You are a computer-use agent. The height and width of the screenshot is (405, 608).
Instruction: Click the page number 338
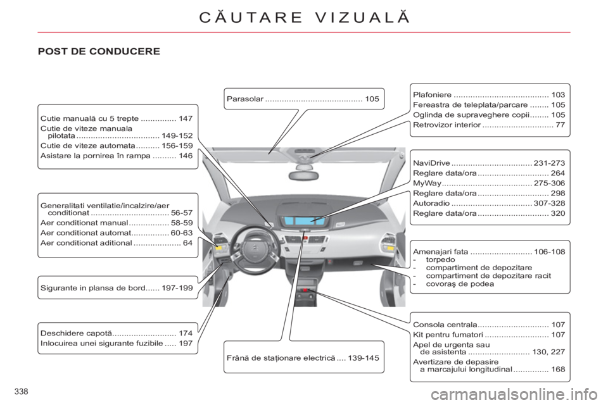pyautogui.click(x=22, y=392)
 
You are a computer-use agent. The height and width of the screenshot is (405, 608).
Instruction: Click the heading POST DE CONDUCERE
pyautogui.click(x=99, y=51)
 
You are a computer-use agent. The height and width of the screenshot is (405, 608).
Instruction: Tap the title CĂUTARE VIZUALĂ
pyautogui.click(x=305, y=18)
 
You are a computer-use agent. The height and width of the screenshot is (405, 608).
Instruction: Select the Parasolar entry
pyautogui.click(x=303, y=99)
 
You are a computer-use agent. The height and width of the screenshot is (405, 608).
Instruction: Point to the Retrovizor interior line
pyautogui.click(x=489, y=125)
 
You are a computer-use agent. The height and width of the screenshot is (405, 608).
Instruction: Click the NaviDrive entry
pyautogui.click(x=489, y=163)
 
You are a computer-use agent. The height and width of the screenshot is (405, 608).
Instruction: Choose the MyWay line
pyautogui.click(x=489, y=183)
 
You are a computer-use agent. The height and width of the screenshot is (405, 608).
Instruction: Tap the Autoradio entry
pyautogui.click(x=489, y=203)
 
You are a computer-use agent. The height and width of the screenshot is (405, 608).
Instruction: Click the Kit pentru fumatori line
pyautogui.click(x=489, y=335)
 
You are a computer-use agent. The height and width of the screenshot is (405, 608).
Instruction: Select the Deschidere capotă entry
pyautogui.click(x=117, y=333)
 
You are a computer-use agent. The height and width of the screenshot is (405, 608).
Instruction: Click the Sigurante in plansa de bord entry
pyautogui.click(x=117, y=288)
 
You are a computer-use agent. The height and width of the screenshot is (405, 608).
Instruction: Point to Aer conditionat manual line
pyautogui.click(x=117, y=223)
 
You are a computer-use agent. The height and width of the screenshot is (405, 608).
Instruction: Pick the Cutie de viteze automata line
pyautogui.click(x=117, y=146)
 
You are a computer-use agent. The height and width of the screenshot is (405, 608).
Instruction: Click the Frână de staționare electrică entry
pyautogui.click(x=303, y=358)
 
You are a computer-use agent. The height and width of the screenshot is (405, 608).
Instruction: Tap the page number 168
pyautogui.click(x=558, y=370)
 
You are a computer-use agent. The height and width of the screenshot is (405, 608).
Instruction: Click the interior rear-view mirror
pyautogui.click(x=305, y=174)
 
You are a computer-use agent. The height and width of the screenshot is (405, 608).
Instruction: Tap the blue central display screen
pyautogui.click(x=305, y=221)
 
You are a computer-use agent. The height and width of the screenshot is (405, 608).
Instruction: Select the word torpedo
pyautogui.click(x=441, y=259)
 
